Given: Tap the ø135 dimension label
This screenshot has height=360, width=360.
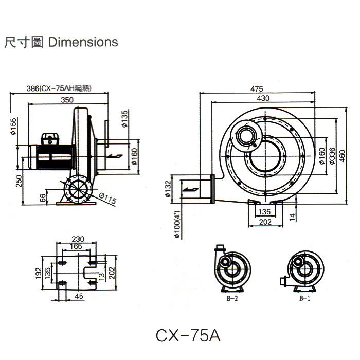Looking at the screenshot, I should (x=125, y=119).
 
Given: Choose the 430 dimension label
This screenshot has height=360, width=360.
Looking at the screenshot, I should (x=263, y=98).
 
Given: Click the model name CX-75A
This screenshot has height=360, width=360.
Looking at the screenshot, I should (x=188, y=335).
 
